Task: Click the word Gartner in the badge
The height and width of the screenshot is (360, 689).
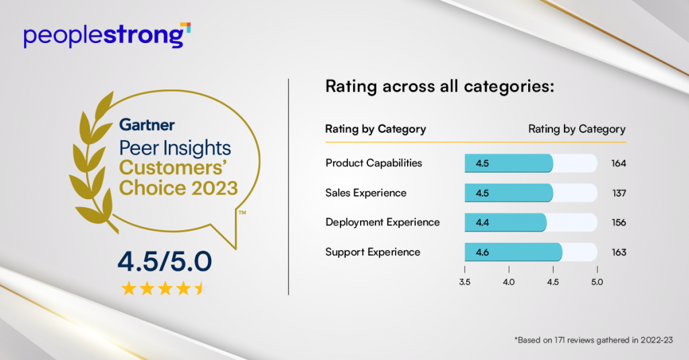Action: (147, 124)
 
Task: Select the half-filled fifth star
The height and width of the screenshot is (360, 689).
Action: (200, 289)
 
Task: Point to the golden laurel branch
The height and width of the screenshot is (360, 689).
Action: (94, 161)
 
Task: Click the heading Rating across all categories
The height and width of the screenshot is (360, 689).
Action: (439, 87)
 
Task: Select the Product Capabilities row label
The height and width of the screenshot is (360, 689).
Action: (373, 163)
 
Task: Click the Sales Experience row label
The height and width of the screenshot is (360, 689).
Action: (365, 192)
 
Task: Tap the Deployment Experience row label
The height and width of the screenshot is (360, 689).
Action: (382, 222)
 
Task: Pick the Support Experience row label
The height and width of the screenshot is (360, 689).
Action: (373, 252)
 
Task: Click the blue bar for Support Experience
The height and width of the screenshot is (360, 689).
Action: (513, 252)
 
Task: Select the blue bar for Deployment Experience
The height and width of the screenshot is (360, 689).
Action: (505, 223)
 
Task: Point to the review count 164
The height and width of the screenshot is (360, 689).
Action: (618, 164)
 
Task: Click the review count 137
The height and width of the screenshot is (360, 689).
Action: (618, 193)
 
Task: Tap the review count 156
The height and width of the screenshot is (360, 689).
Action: (618, 223)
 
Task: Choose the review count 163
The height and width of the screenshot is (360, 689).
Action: (618, 252)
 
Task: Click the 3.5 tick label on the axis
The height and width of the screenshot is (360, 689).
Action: (464, 282)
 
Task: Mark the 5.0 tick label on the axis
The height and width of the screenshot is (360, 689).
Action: (597, 282)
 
